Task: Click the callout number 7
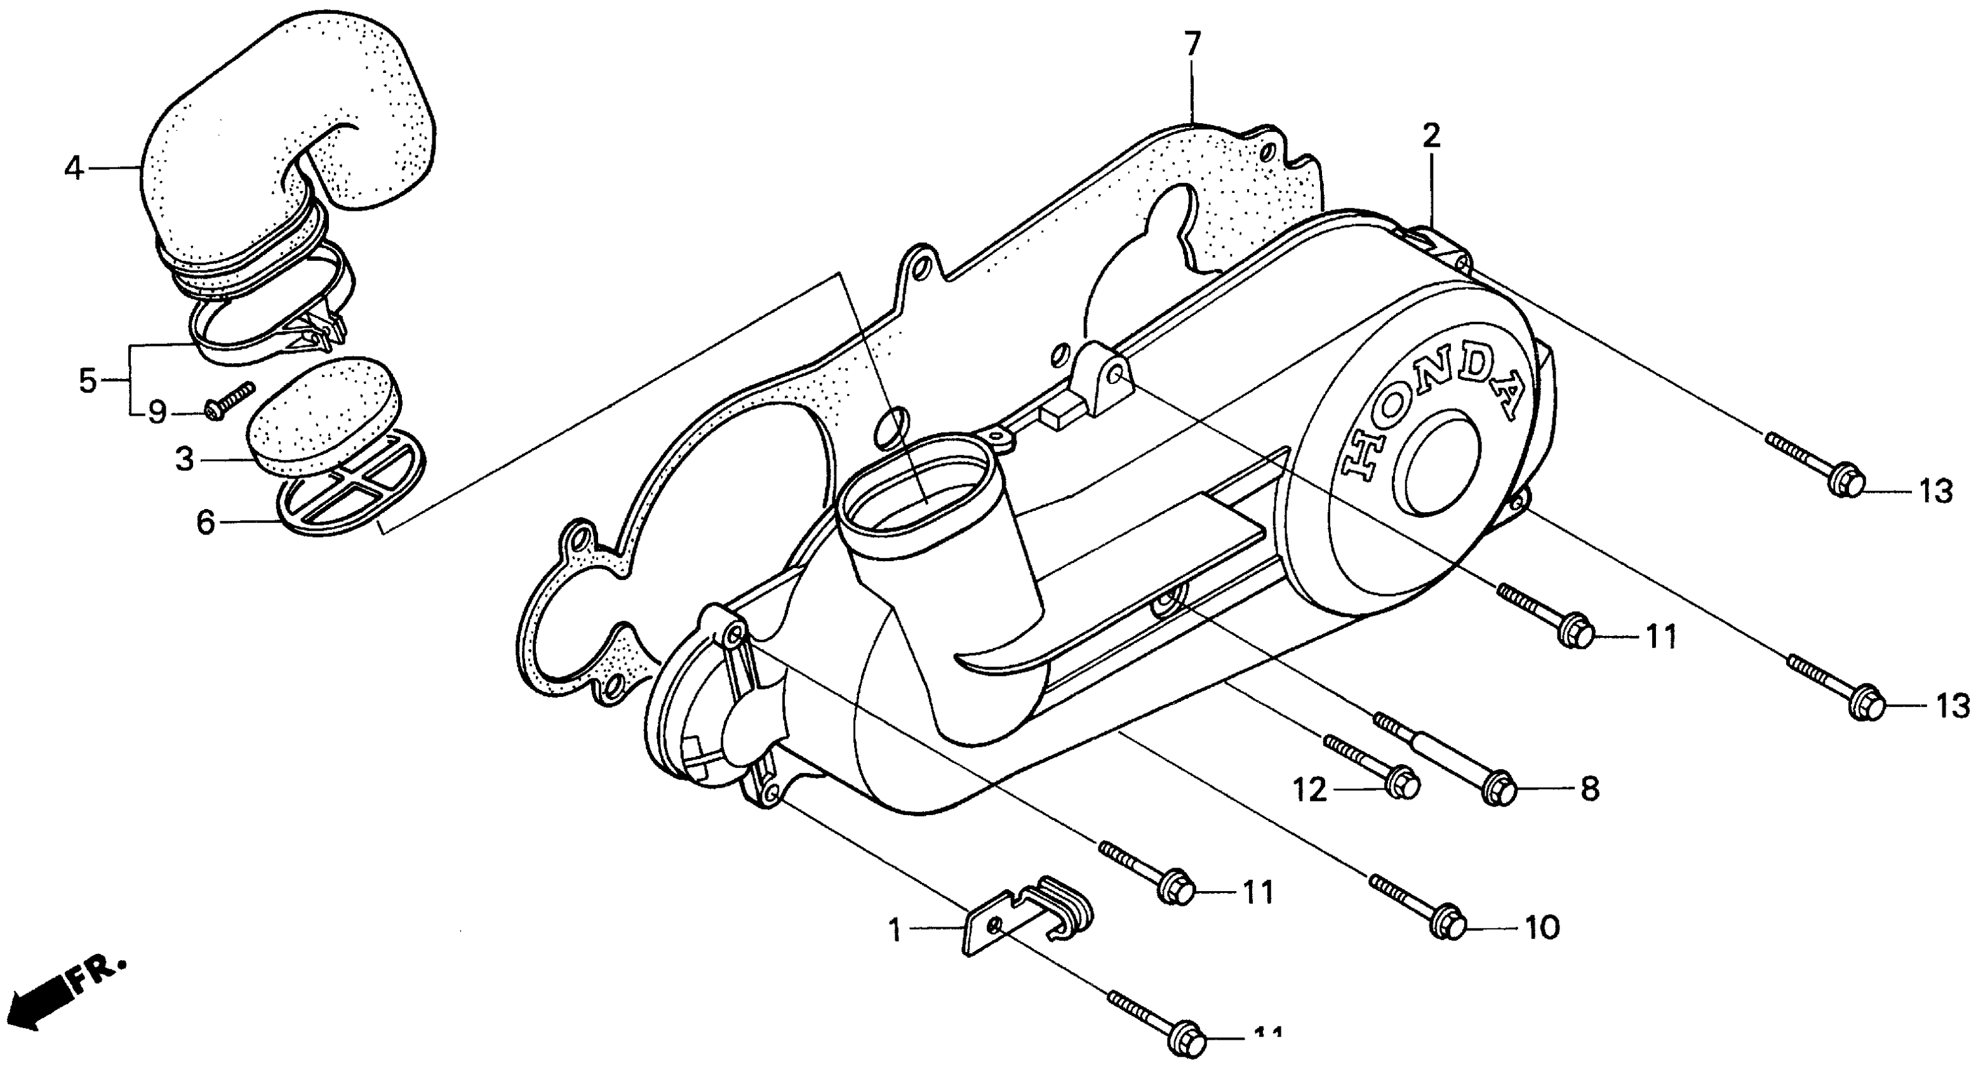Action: pyautogui.click(x=1192, y=44)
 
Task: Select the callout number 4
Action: pyautogui.click(x=73, y=168)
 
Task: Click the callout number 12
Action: pyautogui.click(x=1309, y=790)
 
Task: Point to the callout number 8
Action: pyautogui.click(x=1589, y=788)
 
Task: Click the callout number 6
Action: pyautogui.click(x=206, y=522)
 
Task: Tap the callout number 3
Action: pyautogui.click(x=185, y=460)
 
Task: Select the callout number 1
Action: pyautogui.click(x=894, y=930)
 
